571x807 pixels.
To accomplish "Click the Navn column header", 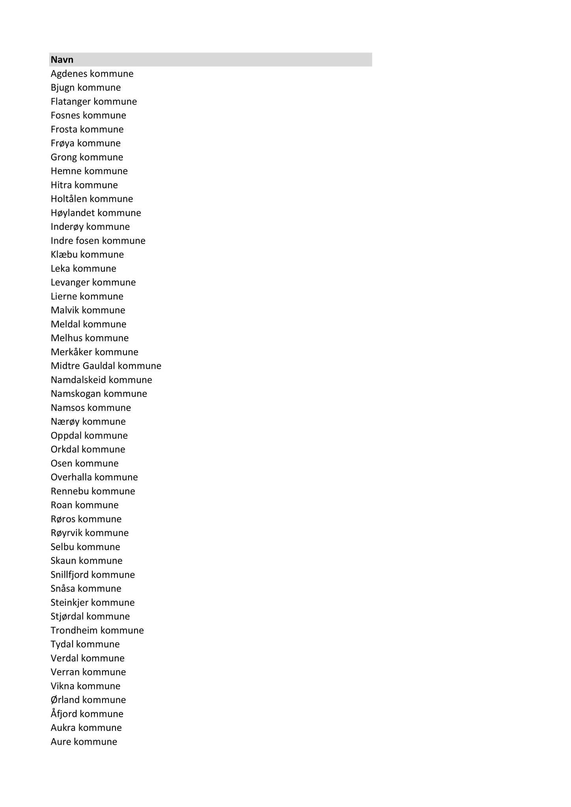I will [62, 60].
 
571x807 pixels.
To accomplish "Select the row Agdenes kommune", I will [92, 74].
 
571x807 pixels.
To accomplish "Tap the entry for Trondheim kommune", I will [97, 630].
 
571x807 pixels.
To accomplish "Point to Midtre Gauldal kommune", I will [106, 366].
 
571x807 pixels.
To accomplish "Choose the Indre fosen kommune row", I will [98, 241].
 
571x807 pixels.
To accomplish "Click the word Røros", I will [63, 519].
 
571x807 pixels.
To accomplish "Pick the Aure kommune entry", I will [84, 742].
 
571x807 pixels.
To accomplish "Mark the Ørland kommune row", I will [88, 700].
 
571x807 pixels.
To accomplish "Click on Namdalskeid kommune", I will [101, 380].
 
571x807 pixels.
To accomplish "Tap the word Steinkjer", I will [69, 602].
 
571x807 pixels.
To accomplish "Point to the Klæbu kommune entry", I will [87, 255].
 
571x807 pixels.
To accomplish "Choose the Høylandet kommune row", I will [96, 213].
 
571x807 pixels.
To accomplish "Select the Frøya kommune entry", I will [86, 143].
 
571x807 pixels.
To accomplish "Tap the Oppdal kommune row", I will [89, 435].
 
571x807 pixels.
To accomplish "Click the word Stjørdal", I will [67, 616].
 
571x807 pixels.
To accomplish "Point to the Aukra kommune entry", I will [86, 728].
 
